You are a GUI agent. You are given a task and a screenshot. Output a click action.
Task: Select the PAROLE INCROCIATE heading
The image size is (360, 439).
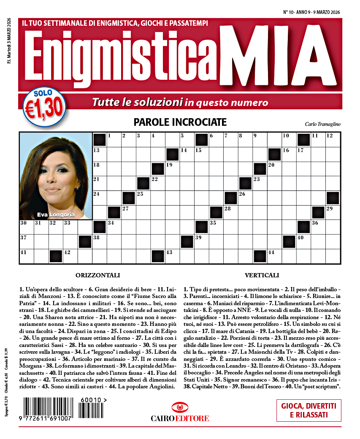(x=180, y=122)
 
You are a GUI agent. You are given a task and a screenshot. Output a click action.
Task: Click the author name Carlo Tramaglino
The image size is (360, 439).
(x=322, y=124)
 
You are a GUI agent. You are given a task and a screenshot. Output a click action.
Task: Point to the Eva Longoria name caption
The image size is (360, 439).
(x=56, y=214)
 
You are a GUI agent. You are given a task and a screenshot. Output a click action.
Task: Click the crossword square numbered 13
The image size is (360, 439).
(x=100, y=154)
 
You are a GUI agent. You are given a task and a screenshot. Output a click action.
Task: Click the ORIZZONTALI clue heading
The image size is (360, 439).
(x=98, y=276)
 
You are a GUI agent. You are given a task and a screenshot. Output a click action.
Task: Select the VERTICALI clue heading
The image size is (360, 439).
(x=262, y=276)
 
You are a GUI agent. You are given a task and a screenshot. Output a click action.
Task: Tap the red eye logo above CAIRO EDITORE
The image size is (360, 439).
(x=180, y=408)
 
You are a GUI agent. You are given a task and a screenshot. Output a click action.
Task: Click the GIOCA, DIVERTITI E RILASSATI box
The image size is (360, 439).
(x=309, y=410)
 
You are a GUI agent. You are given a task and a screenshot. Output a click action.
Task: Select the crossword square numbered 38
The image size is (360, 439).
(x=100, y=242)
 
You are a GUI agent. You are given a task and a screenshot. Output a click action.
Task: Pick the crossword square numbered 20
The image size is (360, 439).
(x=275, y=169)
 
